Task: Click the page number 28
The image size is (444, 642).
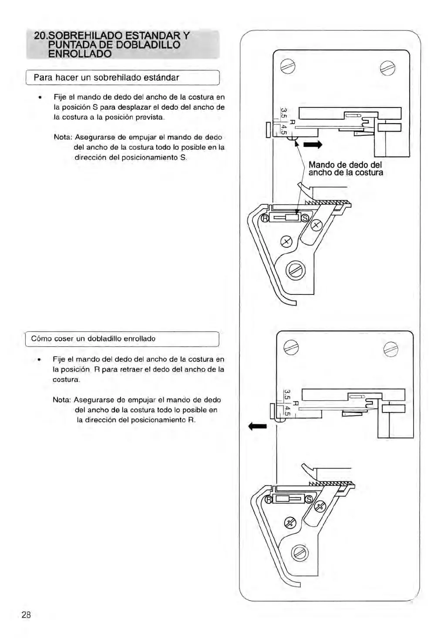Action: tap(26, 615)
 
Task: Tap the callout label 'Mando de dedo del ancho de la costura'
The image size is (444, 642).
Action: tap(346, 169)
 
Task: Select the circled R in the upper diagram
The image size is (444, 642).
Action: tap(264, 218)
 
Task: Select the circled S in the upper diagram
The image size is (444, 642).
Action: tap(305, 218)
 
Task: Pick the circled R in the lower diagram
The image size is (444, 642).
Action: tap(269, 500)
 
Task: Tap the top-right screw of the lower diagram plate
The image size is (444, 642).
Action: tap(391, 349)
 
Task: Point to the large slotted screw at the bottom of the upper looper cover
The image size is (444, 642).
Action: tap(296, 271)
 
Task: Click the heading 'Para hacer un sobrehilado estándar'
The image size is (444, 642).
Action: tap(106, 78)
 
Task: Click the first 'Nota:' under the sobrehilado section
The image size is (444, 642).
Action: tap(63, 137)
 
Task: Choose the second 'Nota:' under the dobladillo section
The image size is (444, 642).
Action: tap(62, 400)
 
